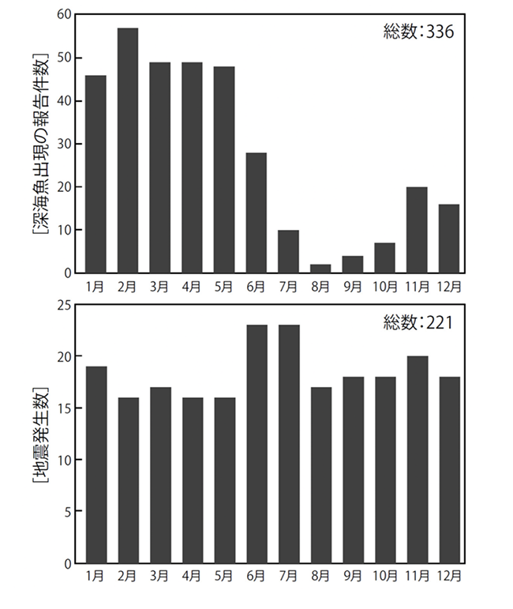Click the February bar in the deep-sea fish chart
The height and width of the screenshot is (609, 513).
click(x=128, y=151)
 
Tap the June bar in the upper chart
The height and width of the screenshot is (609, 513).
click(x=256, y=213)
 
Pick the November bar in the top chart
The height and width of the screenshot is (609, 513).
click(x=417, y=231)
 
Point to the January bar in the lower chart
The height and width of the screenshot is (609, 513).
click(x=95, y=464)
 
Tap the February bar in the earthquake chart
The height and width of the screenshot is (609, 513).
click(x=128, y=480)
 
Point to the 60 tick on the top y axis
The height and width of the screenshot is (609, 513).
click(x=65, y=15)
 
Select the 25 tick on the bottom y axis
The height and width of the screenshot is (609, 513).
click(x=65, y=305)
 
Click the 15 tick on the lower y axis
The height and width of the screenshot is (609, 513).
click(x=65, y=408)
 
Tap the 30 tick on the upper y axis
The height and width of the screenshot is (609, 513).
click(x=65, y=145)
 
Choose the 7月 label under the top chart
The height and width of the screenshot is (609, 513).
click(x=288, y=286)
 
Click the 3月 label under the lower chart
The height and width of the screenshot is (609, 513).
click(x=159, y=576)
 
